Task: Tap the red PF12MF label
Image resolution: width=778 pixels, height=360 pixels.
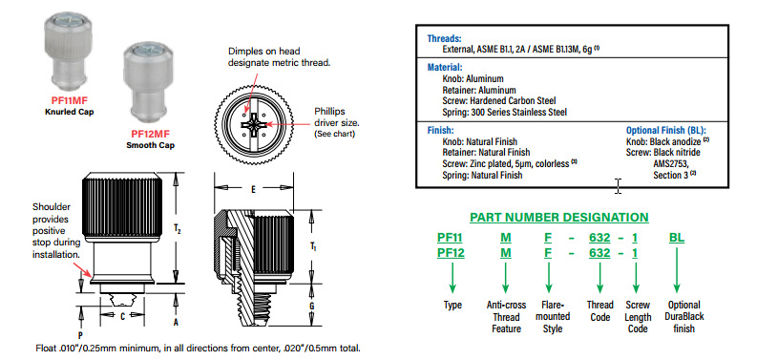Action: click(150, 134)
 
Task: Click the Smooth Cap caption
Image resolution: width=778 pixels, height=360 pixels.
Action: click(150, 145)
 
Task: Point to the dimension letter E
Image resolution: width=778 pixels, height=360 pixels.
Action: click(253, 189)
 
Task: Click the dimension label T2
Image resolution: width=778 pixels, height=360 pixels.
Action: click(177, 228)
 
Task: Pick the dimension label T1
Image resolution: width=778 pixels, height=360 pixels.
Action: click(312, 245)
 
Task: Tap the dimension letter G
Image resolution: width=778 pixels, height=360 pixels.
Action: click(311, 307)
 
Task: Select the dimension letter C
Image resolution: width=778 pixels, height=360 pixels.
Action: click(122, 316)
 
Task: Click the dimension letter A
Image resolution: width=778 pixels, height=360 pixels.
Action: click(176, 322)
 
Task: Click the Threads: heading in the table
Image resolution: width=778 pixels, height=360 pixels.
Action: click(445, 38)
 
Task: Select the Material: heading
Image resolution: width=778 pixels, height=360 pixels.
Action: click(445, 67)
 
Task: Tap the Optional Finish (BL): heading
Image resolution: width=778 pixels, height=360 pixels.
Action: click(666, 131)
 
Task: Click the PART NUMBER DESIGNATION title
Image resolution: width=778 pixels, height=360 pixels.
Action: click(559, 218)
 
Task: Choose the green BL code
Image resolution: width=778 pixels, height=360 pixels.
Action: click(677, 238)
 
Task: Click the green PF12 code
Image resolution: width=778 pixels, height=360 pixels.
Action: click(451, 254)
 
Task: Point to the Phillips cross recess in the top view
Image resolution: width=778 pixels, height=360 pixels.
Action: click(253, 122)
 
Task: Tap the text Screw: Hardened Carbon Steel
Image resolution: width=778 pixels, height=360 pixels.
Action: click(499, 101)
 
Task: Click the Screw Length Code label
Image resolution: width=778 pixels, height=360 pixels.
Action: click(638, 317)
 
